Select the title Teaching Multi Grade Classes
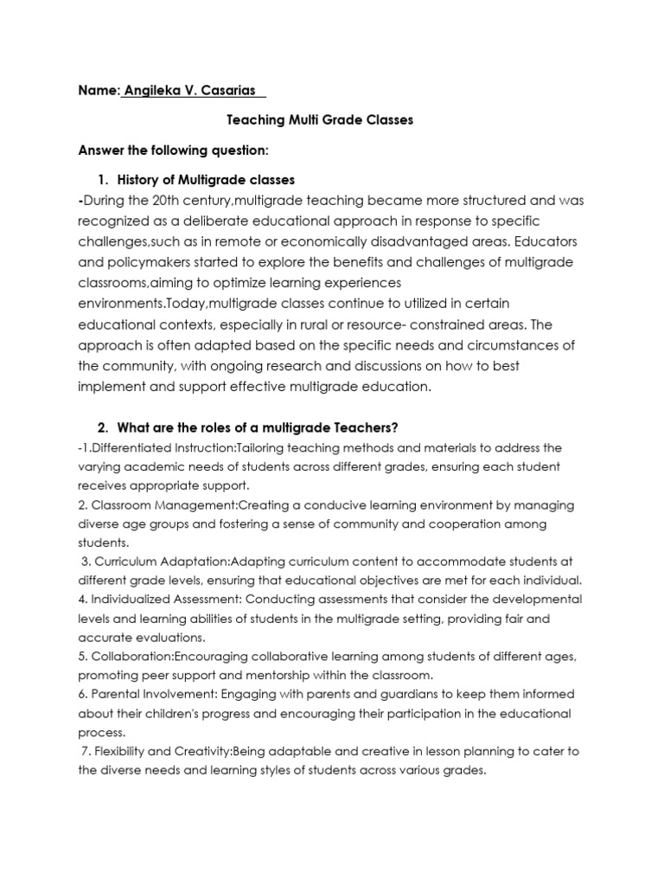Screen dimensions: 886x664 pos(320,119)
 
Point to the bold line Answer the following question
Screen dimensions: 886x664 pos(174,151)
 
